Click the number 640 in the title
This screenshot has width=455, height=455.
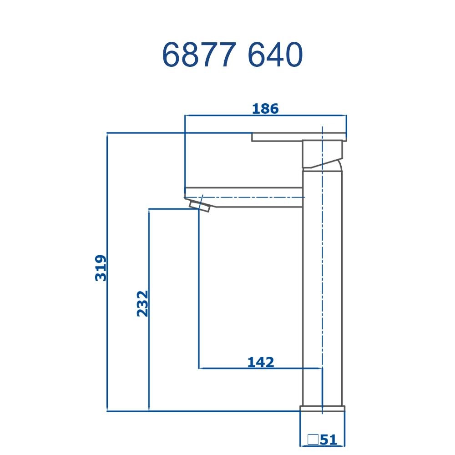tap(276, 56)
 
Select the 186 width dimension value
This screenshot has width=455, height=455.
tap(265, 109)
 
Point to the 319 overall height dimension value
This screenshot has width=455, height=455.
tap(101, 268)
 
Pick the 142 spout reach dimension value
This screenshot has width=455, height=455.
tap(261, 362)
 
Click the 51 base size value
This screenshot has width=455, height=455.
tap(328, 440)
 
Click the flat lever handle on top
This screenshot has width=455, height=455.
tap(299, 136)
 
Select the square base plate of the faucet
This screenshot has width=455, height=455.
tap(322, 408)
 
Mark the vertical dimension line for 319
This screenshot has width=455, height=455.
tap(106, 341)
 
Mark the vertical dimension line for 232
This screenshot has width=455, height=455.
tap(149, 355)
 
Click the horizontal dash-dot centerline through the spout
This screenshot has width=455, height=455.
tap(255, 197)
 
